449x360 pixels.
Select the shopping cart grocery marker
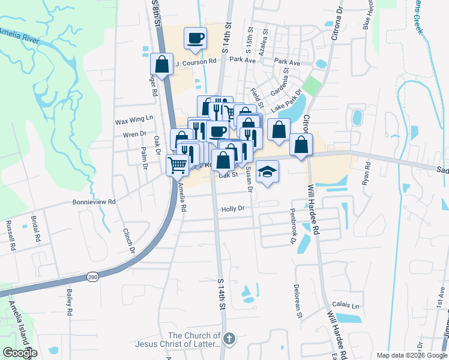178,164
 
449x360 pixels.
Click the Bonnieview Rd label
94,202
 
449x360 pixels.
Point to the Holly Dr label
233,209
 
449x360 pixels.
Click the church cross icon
228,340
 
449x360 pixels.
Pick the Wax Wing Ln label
134,121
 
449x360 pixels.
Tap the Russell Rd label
10,235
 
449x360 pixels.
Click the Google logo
20,353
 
